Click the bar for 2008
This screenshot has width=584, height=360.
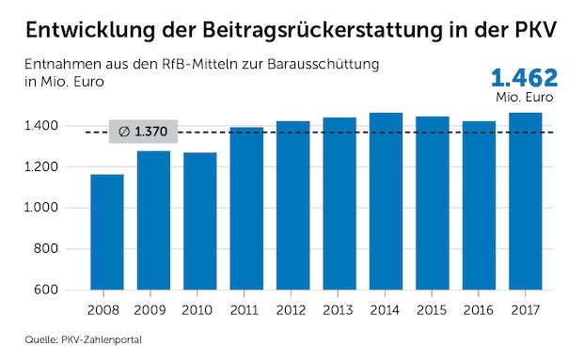tap(107, 232)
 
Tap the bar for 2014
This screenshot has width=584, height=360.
tap(386, 201)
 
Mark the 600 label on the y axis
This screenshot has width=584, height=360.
tap(47, 290)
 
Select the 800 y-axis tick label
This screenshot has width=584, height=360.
tap(47, 249)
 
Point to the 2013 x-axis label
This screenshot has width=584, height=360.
tap(339, 308)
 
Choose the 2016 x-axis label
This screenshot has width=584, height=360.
tap(478, 308)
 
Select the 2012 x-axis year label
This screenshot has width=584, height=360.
tap(292, 308)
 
